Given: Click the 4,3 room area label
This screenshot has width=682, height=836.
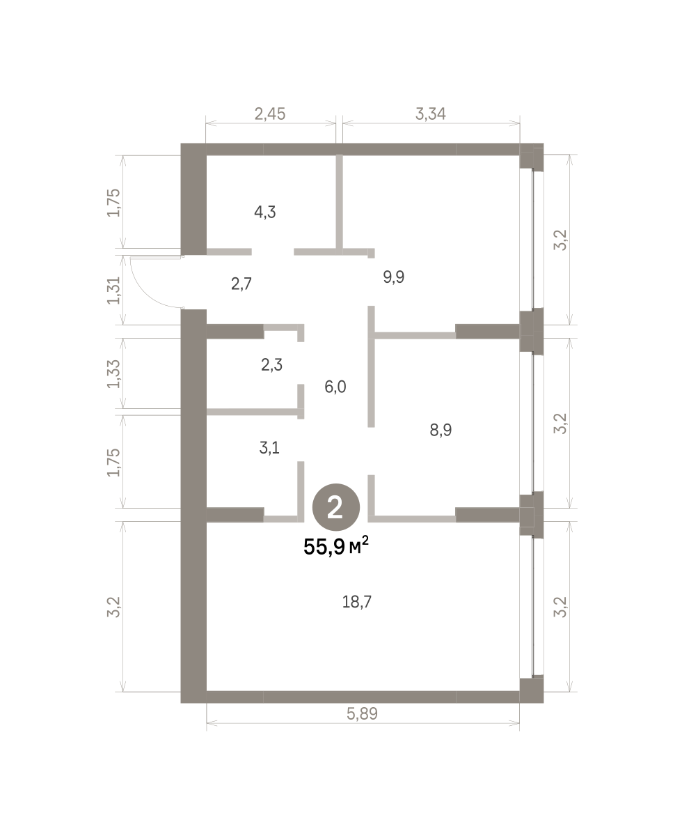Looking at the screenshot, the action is click(x=265, y=212).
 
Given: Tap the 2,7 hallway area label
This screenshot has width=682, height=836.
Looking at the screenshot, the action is click(x=241, y=284).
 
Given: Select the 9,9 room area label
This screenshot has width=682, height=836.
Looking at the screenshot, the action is click(x=393, y=277).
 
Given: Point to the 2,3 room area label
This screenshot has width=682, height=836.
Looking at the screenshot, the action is click(x=271, y=364).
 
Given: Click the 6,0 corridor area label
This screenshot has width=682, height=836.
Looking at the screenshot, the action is click(x=335, y=387).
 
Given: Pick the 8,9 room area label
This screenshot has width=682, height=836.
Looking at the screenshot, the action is click(x=441, y=430).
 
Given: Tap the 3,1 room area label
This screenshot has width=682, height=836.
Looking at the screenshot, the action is click(x=269, y=448).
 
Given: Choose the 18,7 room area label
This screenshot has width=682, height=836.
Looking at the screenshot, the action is click(x=356, y=602).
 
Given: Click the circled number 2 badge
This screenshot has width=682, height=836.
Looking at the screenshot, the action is click(x=336, y=507).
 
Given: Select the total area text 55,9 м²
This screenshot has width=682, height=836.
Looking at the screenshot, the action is click(x=336, y=547).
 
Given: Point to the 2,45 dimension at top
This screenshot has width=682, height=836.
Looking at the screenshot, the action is click(x=270, y=114).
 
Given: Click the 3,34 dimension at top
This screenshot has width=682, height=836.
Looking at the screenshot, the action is click(x=431, y=114).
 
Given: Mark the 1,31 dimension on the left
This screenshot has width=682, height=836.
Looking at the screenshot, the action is click(x=114, y=291).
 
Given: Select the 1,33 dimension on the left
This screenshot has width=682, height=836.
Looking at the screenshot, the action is click(x=114, y=374).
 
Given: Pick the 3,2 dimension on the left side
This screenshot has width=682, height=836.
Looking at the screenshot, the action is click(x=114, y=607).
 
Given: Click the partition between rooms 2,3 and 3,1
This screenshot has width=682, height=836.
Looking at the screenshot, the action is click(x=253, y=412).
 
